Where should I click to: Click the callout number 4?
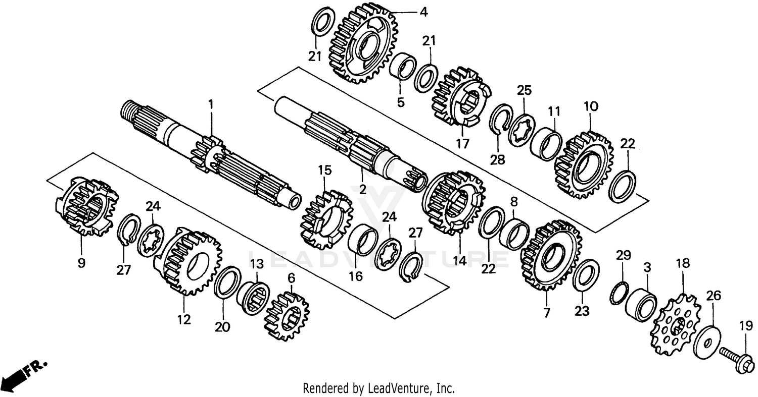423,12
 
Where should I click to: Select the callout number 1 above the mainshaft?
211,105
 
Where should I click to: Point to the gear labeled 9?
85,206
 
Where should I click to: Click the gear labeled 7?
550,255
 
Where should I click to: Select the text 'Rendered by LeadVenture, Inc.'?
378,388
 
